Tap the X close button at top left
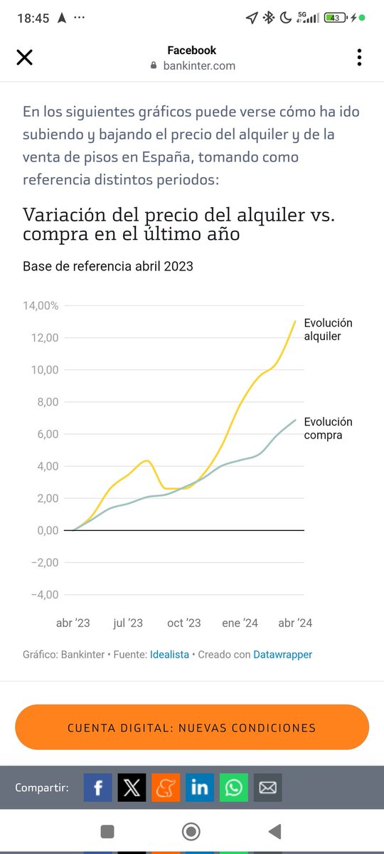(24, 58)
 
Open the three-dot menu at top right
(359, 58)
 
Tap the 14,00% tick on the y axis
(40, 305)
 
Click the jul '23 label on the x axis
(128, 623)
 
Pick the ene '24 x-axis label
(240, 623)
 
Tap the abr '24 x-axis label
(295, 623)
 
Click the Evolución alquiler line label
(328, 330)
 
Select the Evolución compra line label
(328, 428)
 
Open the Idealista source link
(169, 654)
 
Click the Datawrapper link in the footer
(282, 654)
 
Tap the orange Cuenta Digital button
(191, 727)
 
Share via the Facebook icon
(98, 788)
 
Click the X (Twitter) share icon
(132, 788)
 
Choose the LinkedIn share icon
(200, 788)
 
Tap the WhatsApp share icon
(233, 788)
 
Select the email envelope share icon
(267, 788)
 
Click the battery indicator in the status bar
(336, 18)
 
